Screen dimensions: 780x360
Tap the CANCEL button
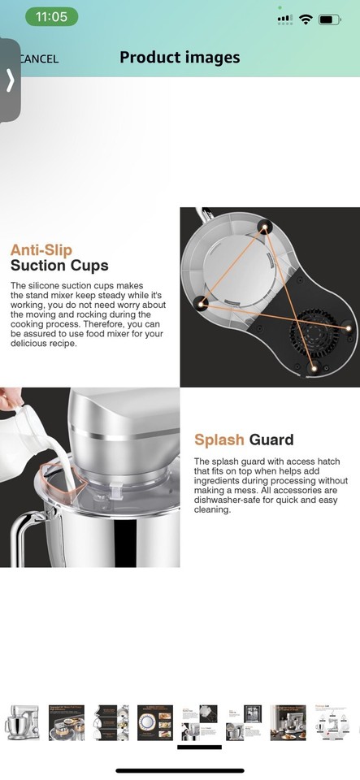[39, 59]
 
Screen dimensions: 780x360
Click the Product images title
[180, 58]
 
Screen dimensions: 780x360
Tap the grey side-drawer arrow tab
[10, 80]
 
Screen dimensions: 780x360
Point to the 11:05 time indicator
[52, 17]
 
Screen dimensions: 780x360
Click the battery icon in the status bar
[329, 19]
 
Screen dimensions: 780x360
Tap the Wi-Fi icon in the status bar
[306, 19]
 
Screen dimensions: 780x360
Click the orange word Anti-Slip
[41, 249]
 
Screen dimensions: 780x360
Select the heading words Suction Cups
[59, 266]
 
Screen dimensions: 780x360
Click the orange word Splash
[219, 440]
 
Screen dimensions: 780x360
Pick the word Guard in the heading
[271, 440]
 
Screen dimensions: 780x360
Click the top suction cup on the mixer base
[262, 227]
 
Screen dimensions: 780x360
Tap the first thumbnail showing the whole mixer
[23, 722]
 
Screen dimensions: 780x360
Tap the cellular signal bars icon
[284, 19]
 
